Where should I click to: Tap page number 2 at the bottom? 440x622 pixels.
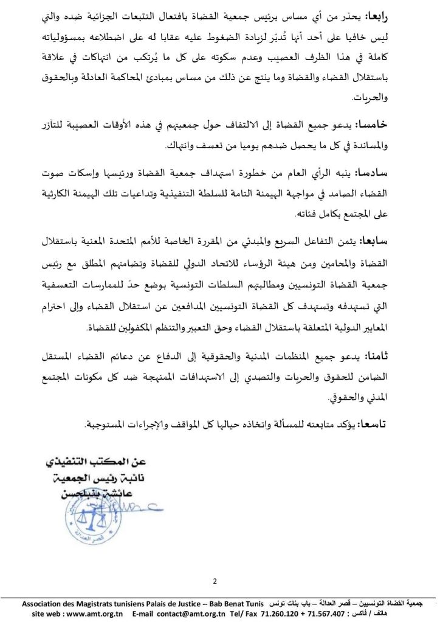coord(215,581)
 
